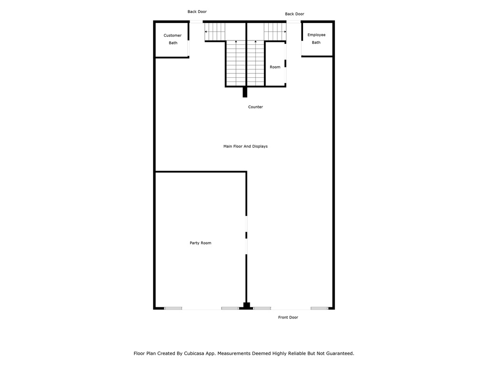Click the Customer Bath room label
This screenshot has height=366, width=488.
pos(173,39)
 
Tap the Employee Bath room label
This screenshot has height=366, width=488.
pos(316,39)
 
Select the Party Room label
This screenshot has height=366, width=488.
pos(200,243)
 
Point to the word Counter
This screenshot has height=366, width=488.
pos(255,107)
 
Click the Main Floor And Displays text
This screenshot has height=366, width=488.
pos(245,146)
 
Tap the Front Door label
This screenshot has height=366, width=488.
pos(288,317)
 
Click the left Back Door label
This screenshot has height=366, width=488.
pos(197,12)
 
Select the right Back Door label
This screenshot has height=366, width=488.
pos(295,14)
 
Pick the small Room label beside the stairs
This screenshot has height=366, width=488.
pos(275,67)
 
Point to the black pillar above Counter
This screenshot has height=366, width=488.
pos(245,92)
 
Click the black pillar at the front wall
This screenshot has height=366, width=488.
pos(246,306)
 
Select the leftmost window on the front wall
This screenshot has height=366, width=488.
pos(173,308)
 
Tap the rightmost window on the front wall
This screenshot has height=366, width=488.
pos(319,308)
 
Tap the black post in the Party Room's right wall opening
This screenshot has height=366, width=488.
pos(246,235)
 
